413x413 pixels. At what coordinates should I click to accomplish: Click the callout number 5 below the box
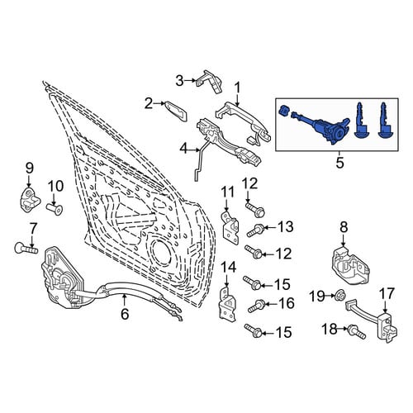340,163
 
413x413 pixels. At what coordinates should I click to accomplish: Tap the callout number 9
29,168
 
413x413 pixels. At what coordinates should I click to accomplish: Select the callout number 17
388,294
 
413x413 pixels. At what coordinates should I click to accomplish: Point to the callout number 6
125,314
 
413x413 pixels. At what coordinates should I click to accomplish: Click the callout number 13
286,227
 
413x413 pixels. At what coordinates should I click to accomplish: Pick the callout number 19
317,297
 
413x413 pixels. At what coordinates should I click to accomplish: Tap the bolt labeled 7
26,248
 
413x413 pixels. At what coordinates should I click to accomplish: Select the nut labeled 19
339,297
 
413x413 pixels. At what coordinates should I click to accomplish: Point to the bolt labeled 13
256,230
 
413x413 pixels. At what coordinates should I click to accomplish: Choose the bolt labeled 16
257,306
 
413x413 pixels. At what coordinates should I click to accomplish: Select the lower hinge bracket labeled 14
227,305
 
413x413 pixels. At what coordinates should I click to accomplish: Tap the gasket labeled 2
176,111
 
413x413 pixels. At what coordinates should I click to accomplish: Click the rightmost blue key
386,121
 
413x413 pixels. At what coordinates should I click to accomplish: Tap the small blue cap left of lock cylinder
283,111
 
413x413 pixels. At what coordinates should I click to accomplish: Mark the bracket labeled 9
30,200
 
